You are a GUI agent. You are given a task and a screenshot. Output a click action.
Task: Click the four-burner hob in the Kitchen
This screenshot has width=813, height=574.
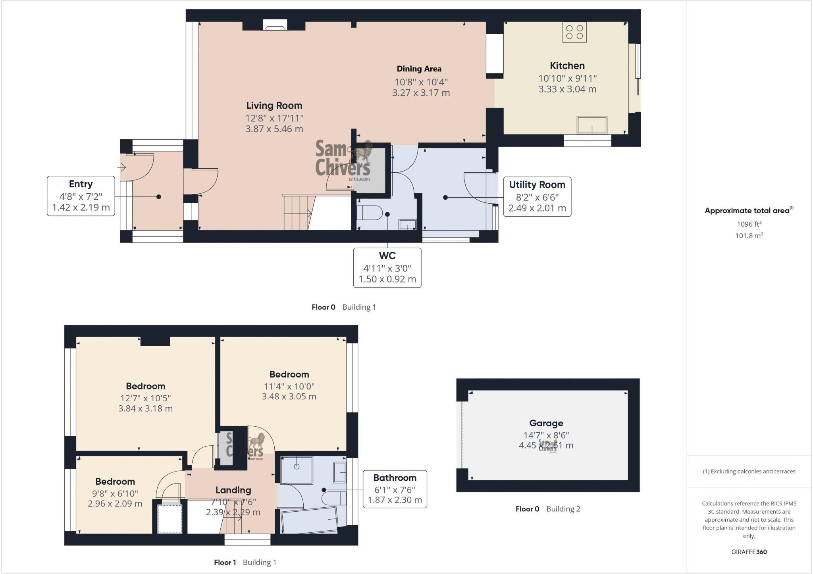tap(574, 32)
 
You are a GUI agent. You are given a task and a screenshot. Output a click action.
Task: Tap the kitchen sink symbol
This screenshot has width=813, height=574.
tap(592, 125)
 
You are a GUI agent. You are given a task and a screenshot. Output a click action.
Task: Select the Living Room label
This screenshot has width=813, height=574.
tap(274, 106)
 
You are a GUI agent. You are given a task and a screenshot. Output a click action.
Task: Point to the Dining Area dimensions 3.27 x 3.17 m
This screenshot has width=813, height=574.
tap(421, 93)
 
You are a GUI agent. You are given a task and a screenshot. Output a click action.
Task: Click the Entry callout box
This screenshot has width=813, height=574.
tap(81, 196)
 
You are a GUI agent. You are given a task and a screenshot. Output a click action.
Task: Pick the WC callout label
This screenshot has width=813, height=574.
tap(387, 256)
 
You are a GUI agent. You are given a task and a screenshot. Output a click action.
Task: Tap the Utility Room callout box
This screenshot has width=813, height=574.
tap(537, 196)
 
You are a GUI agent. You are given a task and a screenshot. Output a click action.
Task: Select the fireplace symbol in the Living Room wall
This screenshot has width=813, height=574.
tap(274, 27)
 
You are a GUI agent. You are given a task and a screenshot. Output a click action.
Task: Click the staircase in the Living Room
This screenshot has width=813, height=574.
tap(297, 212)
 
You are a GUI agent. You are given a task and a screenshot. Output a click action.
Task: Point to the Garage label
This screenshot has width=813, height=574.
tap(546, 423)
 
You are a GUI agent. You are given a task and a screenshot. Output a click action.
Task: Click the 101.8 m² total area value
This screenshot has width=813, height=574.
tap(749, 235)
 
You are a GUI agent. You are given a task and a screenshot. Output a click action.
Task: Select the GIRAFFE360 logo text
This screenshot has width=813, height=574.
tap(749, 552)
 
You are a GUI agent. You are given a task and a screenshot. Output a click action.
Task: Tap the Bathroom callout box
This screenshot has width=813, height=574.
tap(395, 489)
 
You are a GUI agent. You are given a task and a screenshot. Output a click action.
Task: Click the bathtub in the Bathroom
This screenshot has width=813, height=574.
tap(310, 520)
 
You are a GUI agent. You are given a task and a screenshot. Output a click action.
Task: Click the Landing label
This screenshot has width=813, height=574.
tap(233, 490)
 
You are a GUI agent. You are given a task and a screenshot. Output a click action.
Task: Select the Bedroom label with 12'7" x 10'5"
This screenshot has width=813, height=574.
tap(145, 386)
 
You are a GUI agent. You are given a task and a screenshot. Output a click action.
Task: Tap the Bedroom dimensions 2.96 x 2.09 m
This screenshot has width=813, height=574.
tap(115, 504)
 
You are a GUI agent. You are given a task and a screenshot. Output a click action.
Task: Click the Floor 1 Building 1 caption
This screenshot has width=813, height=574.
tap(245, 562)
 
